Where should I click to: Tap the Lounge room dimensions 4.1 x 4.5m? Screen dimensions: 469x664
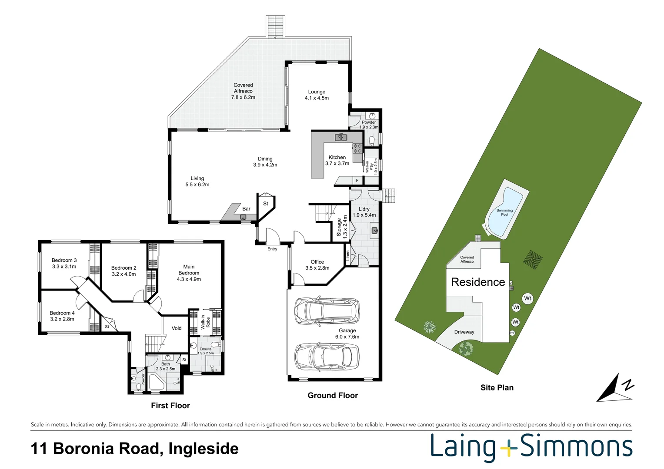click(317, 98)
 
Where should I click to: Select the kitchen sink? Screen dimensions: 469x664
click(341, 137)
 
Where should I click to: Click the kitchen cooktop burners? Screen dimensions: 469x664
click(357, 148)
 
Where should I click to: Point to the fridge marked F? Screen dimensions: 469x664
click(357, 180)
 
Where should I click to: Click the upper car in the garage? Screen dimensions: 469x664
click(327, 311)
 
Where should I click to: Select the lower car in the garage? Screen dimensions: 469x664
click(327, 356)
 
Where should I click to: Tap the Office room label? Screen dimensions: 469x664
click(317, 262)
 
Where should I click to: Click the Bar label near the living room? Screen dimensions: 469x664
click(246, 209)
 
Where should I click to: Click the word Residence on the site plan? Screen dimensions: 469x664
click(478, 282)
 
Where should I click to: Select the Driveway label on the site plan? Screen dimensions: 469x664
click(464, 332)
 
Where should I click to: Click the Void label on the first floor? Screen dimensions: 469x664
click(177, 328)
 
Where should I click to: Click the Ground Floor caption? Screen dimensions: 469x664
click(333, 396)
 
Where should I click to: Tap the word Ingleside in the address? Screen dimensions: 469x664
click(204, 449)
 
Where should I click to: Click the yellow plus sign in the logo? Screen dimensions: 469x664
click(507, 447)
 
